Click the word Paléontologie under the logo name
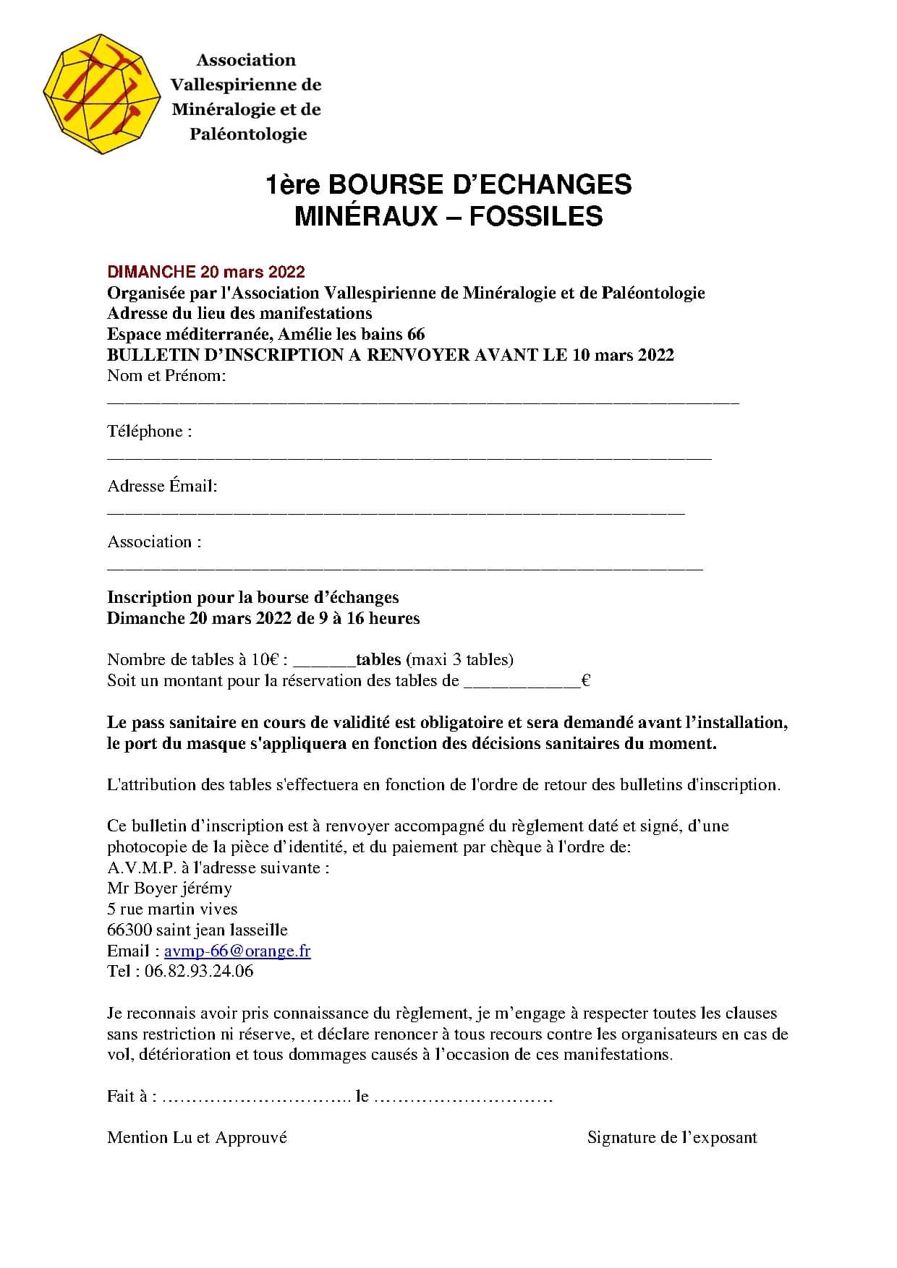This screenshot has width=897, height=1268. tap(248, 134)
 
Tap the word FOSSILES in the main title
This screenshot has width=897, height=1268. tap(536, 216)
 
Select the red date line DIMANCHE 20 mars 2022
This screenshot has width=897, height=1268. tap(206, 272)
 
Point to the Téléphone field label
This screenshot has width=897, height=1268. tap(150, 432)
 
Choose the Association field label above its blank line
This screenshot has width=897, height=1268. tap(154, 542)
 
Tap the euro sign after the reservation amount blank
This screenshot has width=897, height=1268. tap(586, 681)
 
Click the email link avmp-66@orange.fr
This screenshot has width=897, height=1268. tap(237, 951)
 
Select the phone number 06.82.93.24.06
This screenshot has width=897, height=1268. tap(199, 971)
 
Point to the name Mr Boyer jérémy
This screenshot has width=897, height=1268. tap(169, 888)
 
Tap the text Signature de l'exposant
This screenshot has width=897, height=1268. tap(672, 1137)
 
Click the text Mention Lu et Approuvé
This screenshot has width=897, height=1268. tap(197, 1137)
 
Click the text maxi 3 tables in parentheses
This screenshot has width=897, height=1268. tap(460, 659)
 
